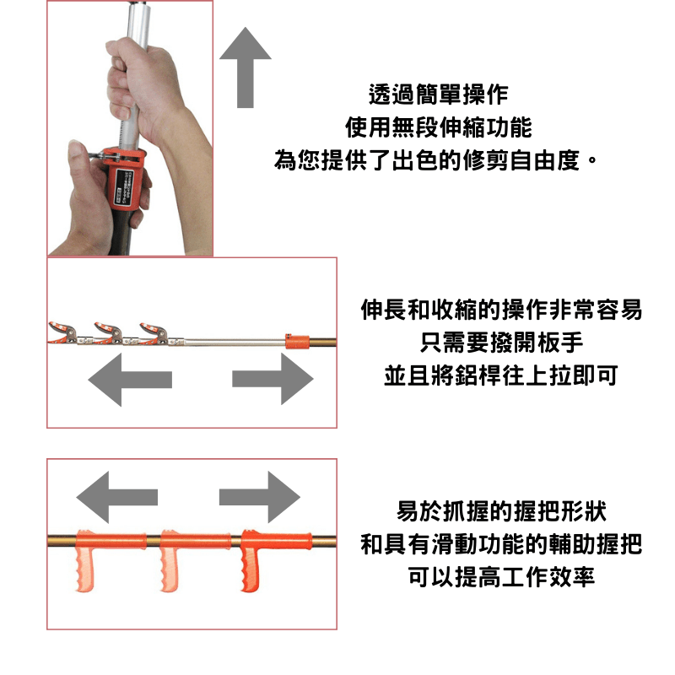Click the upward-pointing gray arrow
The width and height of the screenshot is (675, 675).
[246, 69]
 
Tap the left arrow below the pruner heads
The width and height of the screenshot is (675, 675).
[130, 380]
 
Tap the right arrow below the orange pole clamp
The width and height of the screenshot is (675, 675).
[273, 379]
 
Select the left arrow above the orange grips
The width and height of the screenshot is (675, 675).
[117, 497]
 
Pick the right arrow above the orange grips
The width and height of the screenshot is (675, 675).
[260, 497]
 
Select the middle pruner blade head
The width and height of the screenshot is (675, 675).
[109, 333]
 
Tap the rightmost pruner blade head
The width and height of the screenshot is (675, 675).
[154, 333]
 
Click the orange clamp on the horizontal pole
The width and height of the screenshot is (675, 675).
[297, 342]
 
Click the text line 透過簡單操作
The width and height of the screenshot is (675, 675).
[438, 94]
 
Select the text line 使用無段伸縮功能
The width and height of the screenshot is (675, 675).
[438, 127]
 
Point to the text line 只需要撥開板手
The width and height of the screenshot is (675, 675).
[501, 343]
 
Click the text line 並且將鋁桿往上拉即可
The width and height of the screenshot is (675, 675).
[501, 375]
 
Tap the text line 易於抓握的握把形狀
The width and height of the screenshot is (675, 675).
[501, 511]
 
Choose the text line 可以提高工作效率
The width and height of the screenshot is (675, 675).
[501, 577]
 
